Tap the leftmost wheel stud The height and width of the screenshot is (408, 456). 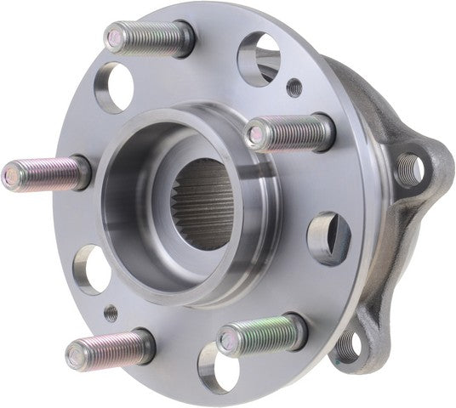47,174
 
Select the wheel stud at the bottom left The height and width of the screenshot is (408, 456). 111,348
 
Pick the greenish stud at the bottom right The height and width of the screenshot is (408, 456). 262,333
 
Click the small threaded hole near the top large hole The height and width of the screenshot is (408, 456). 294,86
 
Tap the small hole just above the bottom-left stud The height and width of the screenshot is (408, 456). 111,313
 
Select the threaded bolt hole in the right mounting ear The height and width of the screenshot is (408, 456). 410,170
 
